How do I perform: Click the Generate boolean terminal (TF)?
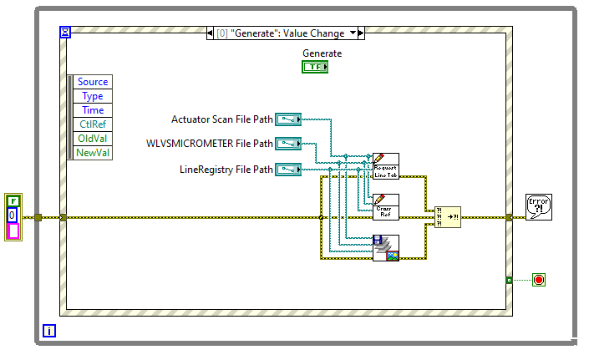[x=315, y=67]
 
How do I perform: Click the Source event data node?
[x=93, y=82]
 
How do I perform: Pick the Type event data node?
[x=93, y=96]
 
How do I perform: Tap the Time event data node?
[x=93, y=110]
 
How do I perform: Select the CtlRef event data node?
[x=93, y=124]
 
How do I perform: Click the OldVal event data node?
[x=93, y=139]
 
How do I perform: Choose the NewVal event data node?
[x=93, y=153]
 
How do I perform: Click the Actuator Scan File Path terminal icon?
[x=288, y=119]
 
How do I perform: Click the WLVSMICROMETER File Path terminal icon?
[x=288, y=144]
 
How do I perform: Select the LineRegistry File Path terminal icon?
[x=288, y=170]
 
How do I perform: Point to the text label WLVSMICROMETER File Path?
[x=210, y=144]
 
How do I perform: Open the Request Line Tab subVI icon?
[x=386, y=166]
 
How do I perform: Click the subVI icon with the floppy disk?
[x=386, y=248]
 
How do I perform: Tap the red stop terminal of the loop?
[x=539, y=279]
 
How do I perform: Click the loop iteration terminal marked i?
[x=49, y=331]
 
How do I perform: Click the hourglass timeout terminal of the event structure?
[x=66, y=33]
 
